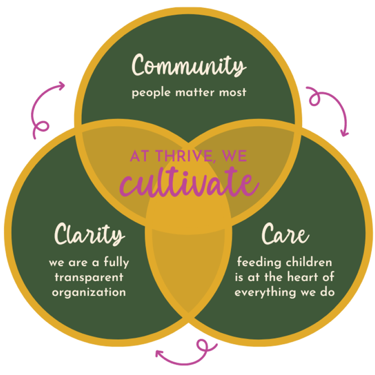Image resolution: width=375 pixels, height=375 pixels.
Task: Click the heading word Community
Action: [189, 65]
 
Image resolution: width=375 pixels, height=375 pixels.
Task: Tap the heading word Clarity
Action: [90, 234]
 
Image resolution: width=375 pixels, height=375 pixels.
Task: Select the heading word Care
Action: [285, 234]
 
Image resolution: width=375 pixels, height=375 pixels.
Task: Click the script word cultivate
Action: [189, 182]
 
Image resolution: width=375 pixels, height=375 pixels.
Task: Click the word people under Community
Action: [151, 93]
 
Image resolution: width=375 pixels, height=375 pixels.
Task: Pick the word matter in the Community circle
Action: [195, 92]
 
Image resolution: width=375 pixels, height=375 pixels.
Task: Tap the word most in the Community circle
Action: [232, 92]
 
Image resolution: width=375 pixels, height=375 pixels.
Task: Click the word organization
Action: [89, 292]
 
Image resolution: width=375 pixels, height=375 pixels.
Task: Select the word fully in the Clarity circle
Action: [117, 262]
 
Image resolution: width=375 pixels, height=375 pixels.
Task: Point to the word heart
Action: [302, 277]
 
